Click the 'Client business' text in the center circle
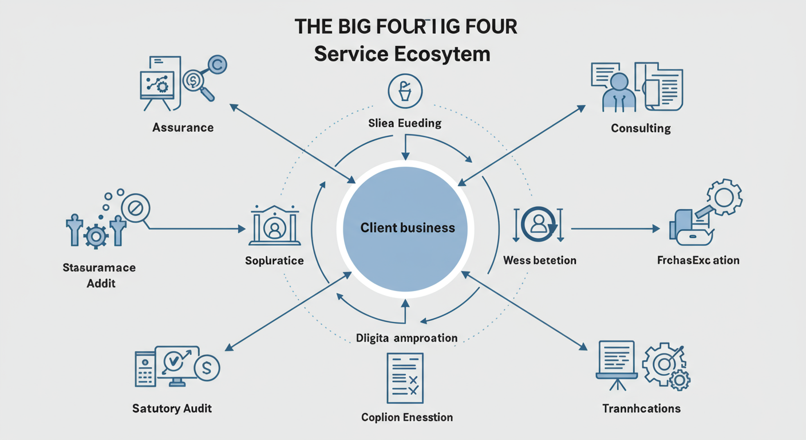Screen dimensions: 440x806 [408, 228]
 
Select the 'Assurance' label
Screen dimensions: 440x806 [183, 127]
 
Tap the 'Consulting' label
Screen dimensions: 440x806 [641, 128]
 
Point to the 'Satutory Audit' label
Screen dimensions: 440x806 [172, 408]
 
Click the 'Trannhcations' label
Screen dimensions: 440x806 [641, 408]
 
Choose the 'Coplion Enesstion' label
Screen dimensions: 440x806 [407, 417]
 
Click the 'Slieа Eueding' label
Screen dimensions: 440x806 [405, 123]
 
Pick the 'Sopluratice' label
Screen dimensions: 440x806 [274, 261]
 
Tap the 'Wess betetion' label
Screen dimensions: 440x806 [539, 261]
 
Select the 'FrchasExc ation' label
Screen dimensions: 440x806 [698, 260]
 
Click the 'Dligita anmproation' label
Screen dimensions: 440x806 [407, 338]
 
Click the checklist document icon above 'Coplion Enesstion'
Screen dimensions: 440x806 [405, 378]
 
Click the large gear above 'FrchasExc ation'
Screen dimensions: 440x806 [724, 197]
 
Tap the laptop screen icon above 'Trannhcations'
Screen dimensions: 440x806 [617, 360]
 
